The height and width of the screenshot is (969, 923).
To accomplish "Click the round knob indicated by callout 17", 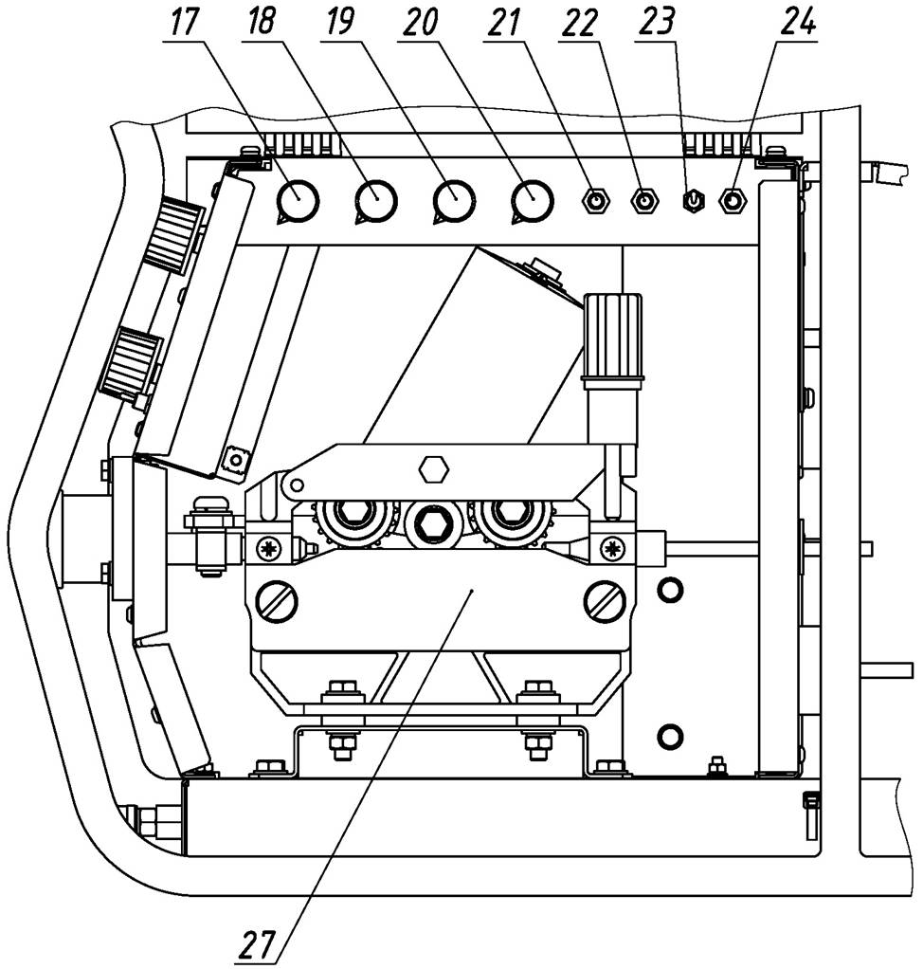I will pos(298,200).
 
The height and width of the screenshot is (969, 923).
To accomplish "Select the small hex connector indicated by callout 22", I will pos(645,201).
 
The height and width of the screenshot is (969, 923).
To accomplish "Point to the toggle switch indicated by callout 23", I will pos(693,201).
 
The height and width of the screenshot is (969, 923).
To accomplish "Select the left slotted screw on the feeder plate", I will pos(283,598).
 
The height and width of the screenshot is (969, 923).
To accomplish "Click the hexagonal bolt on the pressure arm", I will pos(433,468).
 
